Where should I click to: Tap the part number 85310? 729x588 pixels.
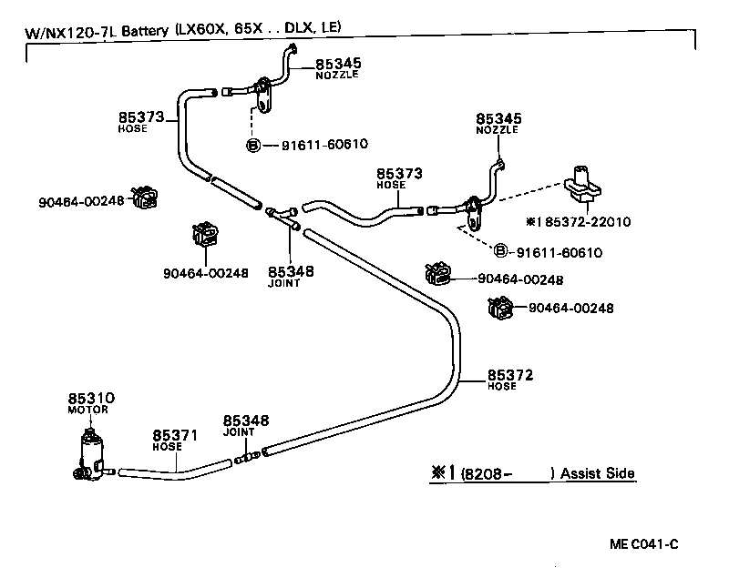(91, 399)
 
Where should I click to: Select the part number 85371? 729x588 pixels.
(174, 436)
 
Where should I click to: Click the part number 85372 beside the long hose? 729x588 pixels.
(510, 375)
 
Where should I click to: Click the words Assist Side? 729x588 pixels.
(597, 473)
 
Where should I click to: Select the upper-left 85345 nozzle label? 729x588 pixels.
(338, 64)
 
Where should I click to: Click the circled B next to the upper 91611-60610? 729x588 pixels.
(253, 145)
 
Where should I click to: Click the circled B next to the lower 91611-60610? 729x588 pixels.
(499, 251)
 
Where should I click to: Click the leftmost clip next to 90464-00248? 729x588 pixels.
(144, 198)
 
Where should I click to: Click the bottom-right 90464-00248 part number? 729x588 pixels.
(570, 309)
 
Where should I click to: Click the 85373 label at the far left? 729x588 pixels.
(140, 117)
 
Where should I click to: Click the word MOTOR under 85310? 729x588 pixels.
(88, 411)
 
